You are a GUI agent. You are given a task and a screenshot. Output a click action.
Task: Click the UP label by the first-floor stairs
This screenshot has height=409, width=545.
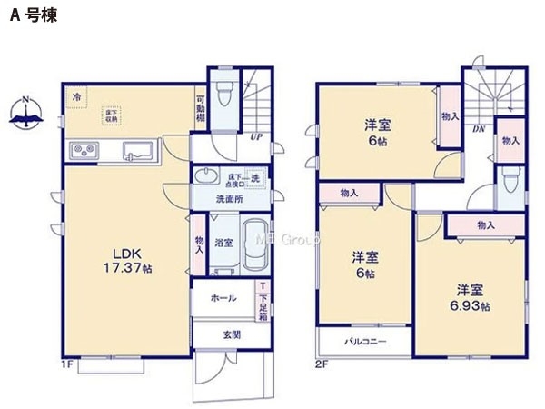pyautogui.click(x=257, y=138)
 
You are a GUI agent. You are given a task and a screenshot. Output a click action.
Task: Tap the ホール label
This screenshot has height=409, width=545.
pyautogui.click(x=223, y=298)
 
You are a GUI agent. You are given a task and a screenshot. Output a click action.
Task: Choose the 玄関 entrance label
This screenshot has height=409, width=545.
pyautogui.click(x=232, y=333)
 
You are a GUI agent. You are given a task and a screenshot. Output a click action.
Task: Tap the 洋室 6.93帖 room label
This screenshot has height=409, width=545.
pyautogui.click(x=470, y=298)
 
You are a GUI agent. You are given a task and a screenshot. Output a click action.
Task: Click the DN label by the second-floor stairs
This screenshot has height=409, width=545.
pyautogui.click(x=478, y=129)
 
